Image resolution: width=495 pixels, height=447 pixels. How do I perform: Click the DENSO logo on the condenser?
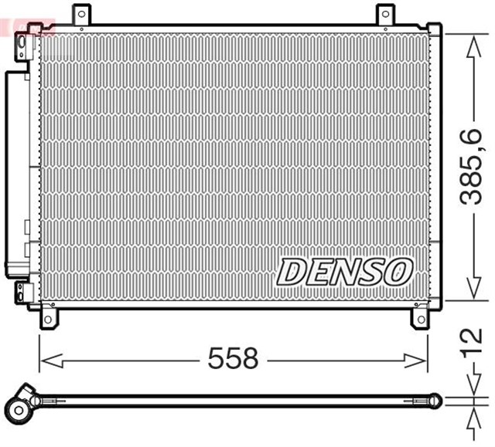tap(344, 271)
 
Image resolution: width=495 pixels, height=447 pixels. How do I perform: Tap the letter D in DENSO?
tap(292, 271)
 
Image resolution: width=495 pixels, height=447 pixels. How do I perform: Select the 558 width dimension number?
tap(232, 358)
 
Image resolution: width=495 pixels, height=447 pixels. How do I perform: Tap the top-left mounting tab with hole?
tap(80, 14)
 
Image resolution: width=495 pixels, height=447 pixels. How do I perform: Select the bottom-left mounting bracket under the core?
tap(48, 318)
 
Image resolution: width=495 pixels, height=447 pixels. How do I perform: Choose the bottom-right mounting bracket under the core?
tap(420, 318)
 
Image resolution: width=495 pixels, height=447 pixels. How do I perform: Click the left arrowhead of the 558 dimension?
tap(46, 359)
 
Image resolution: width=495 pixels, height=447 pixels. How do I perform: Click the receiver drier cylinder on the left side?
tap(15, 174)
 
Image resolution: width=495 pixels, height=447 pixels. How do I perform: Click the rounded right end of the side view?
tap(436, 400)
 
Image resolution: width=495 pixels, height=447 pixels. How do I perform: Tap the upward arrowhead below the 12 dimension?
tap(471, 411)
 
